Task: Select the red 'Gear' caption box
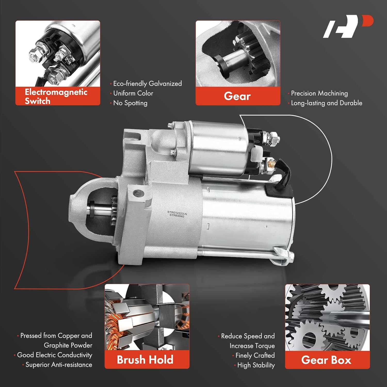pyautogui.click(x=238, y=96)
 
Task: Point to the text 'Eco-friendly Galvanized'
pyautogui.click(x=147, y=84)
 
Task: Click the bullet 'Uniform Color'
pyautogui.click(x=133, y=93)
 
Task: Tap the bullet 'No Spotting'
pyautogui.click(x=130, y=103)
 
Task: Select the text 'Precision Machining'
pyautogui.click(x=319, y=93)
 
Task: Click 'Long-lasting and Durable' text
pyautogui.click(x=326, y=103)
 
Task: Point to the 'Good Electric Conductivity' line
pyautogui.click(x=54, y=355)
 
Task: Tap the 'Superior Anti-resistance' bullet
pyautogui.click(x=59, y=365)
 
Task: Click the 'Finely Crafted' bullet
pyautogui.click(x=255, y=356)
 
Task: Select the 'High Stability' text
pyautogui.click(x=256, y=365)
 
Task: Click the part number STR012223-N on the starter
pyautogui.click(x=177, y=213)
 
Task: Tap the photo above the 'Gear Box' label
pyautogui.click(x=327, y=317)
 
